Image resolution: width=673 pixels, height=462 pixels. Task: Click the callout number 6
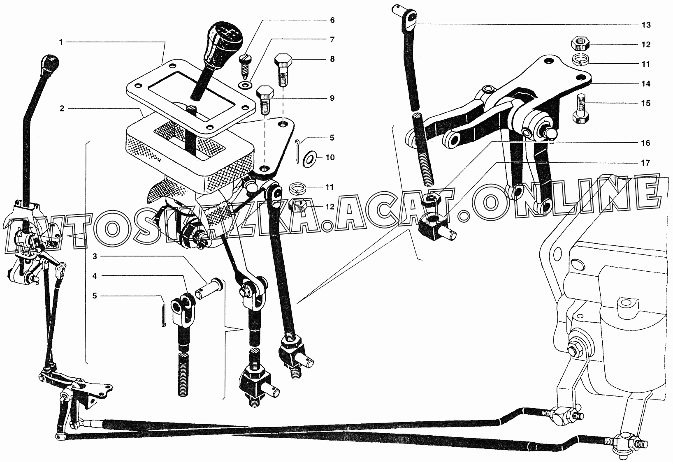(x=332, y=20)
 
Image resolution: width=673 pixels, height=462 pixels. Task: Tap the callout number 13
(x=646, y=25)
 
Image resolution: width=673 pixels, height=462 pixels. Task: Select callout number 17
(x=646, y=163)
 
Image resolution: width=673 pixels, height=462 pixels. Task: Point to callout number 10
(x=330, y=157)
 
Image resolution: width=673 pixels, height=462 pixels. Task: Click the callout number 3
(x=95, y=256)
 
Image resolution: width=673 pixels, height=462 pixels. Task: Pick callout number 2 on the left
(x=62, y=109)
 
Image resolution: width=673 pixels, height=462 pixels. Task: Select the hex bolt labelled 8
(x=283, y=69)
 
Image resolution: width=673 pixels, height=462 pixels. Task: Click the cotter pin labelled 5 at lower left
(x=163, y=316)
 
